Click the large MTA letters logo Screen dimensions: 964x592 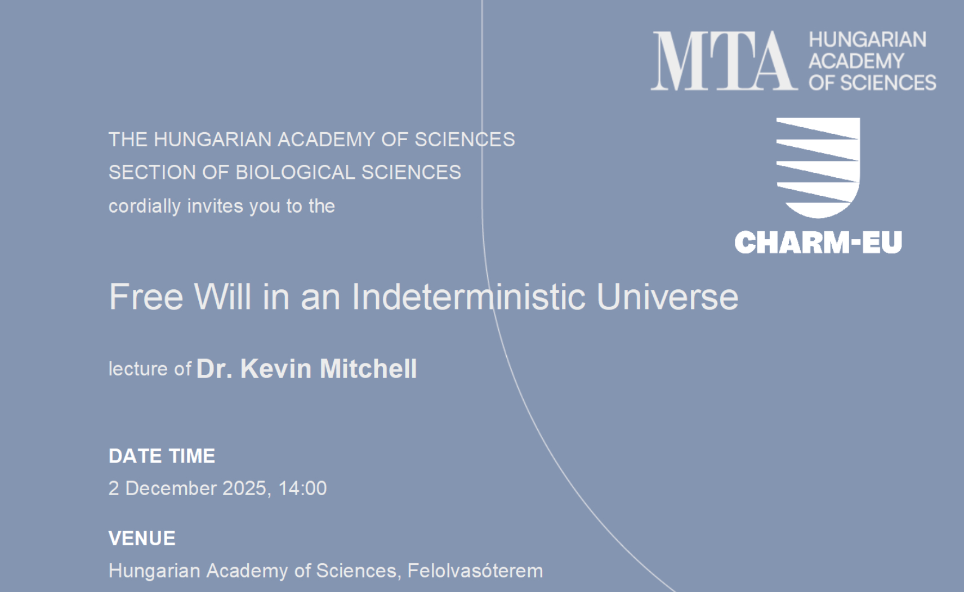[724, 61]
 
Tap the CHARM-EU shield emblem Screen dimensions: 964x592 [818, 168]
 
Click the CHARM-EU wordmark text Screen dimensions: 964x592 [818, 242]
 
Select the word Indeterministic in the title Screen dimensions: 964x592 [468, 297]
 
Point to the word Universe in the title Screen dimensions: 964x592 [667, 297]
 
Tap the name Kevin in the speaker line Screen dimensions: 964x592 [276, 369]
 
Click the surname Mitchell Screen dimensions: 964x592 [368, 369]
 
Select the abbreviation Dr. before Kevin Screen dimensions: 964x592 [215, 369]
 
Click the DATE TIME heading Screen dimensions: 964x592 [162, 456]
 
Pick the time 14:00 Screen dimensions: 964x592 [302, 488]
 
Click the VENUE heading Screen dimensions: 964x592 [142, 538]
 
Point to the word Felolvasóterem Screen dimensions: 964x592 [475, 571]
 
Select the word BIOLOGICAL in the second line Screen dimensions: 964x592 [295, 173]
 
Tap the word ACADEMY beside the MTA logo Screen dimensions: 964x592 [856, 61]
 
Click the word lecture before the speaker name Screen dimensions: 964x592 [138, 369]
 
